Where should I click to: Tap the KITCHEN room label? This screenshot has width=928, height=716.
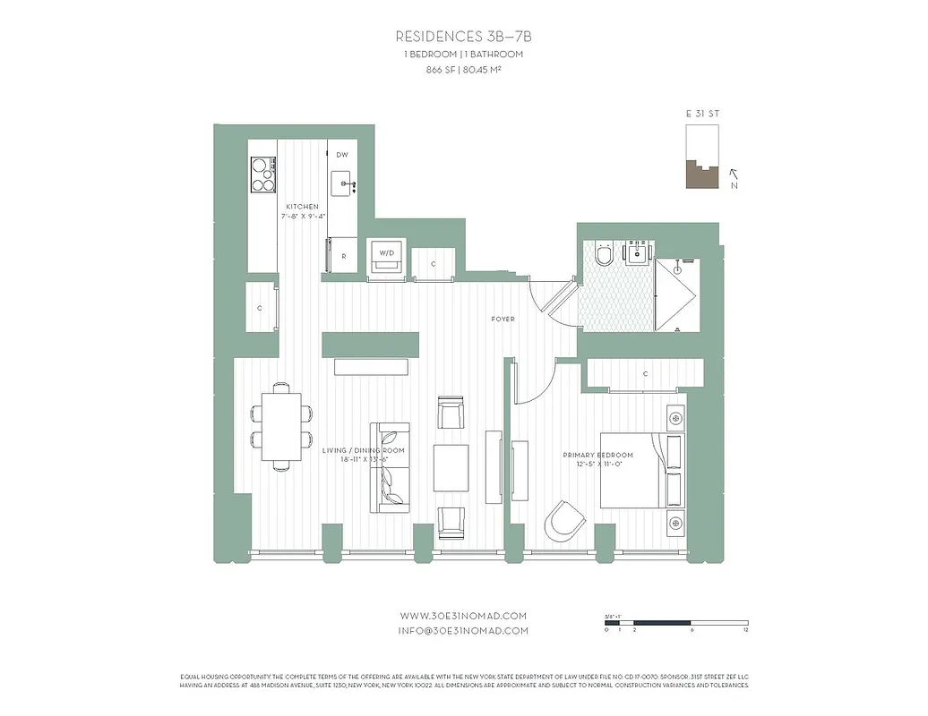(302, 207)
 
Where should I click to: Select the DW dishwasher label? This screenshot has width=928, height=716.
(341, 155)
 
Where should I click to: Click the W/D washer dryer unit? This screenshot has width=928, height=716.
(387, 254)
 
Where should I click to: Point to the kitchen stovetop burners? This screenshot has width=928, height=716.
(262, 175)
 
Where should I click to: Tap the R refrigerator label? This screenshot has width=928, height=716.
(343, 257)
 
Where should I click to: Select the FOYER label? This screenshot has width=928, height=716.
(503, 320)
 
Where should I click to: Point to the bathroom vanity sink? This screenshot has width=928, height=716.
(638, 254)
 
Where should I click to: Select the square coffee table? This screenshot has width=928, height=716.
(451, 466)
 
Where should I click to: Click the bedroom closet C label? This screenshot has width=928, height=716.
(645, 373)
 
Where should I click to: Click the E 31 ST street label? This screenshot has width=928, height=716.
(701, 115)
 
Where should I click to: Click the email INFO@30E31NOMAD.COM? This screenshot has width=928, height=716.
(463, 630)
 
